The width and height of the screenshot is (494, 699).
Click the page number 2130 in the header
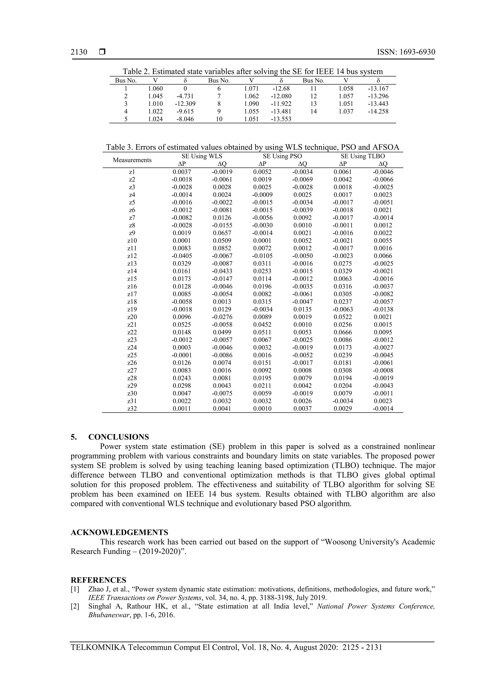(x=79, y=52)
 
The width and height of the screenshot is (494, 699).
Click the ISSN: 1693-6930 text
(x=406, y=52)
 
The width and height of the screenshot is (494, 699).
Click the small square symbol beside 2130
(x=102, y=52)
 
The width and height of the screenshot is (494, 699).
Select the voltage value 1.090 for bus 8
(x=251, y=104)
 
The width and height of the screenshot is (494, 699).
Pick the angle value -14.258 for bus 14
(x=378, y=111)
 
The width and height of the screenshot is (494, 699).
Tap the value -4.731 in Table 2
(x=185, y=96)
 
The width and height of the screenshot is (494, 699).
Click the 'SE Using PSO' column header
(x=282, y=156)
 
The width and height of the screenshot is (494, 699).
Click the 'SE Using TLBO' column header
(x=363, y=156)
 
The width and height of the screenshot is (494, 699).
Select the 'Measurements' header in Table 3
(x=132, y=160)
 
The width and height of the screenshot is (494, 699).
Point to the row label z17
(x=132, y=294)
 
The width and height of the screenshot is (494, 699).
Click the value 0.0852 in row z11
(x=222, y=249)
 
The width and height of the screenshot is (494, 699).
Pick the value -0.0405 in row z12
(x=182, y=256)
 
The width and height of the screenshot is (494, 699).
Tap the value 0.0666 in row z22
(x=343, y=332)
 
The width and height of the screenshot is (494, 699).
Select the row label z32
(x=132, y=409)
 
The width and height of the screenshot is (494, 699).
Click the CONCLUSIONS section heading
(x=118, y=437)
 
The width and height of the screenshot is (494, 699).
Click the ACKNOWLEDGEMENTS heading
(x=119, y=533)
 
